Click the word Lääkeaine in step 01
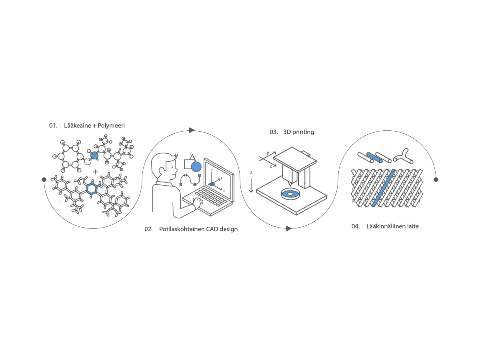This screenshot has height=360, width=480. click(x=78, y=126)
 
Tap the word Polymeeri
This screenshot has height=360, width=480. click(x=111, y=126)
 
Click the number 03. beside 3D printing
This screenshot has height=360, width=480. click(x=274, y=132)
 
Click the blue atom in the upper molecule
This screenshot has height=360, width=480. click(x=94, y=156)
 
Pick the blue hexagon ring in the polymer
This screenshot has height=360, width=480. click(x=92, y=188)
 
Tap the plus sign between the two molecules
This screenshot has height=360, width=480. click(x=95, y=172)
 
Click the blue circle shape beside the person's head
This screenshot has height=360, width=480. click(x=196, y=167)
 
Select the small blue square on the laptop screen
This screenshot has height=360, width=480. click(x=212, y=184)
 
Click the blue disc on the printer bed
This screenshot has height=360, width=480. click(x=290, y=194)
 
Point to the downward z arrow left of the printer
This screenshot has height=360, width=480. click(x=251, y=186)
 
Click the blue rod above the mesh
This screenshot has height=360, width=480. click(x=374, y=158)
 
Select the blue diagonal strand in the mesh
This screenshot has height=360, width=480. click(x=384, y=188)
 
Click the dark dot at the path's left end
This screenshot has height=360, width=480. click(x=44, y=180)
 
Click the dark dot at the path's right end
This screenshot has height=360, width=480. click(x=436, y=180)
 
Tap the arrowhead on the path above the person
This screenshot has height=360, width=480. click(x=192, y=130)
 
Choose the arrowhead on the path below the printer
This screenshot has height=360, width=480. click(x=289, y=229)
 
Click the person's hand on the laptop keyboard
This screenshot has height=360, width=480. click(x=198, y=203)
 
